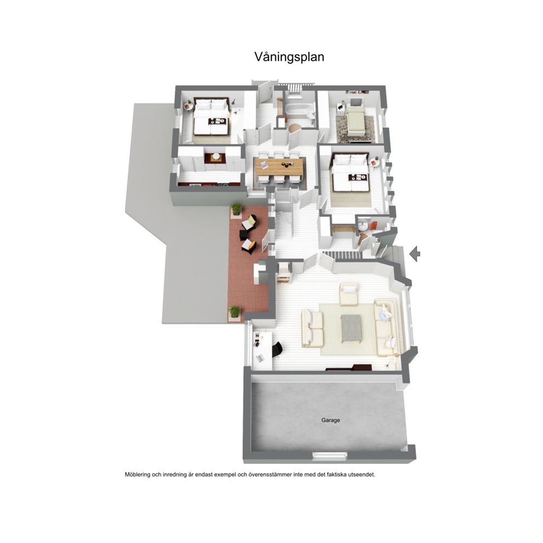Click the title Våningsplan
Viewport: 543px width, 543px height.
click(289, 57)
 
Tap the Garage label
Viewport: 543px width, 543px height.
click(331, 420)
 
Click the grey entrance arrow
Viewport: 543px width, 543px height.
click(414, 254)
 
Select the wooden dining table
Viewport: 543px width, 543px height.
click(280, 167)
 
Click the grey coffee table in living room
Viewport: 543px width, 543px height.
click(351, 328)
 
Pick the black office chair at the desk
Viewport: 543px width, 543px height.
click(277, 349)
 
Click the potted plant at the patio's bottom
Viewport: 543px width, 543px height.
click(234, 311)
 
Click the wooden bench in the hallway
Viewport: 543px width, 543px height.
click(343, 229)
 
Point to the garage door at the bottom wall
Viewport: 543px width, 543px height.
click(330, 457)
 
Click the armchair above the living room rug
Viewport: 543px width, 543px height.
click(349, 293)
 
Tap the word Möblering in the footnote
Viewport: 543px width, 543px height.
click(137, 475)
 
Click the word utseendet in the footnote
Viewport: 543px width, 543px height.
click(362, 475)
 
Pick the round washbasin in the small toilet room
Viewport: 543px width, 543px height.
click(363, 225)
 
